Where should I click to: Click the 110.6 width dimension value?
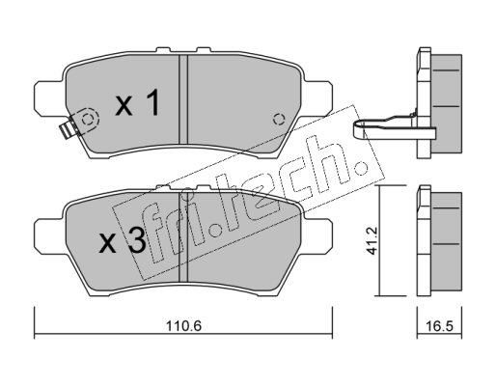pos(183,326)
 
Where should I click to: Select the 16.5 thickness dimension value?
pos(439,326)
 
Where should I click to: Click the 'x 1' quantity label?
pos(138,102)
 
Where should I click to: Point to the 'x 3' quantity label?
pos(123,242)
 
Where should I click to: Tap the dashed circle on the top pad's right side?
pos(279,120)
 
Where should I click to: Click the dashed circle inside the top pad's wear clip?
pos(87,120)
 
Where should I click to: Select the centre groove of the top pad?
pos(183,99)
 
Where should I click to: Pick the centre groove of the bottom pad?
pos(183,236)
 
